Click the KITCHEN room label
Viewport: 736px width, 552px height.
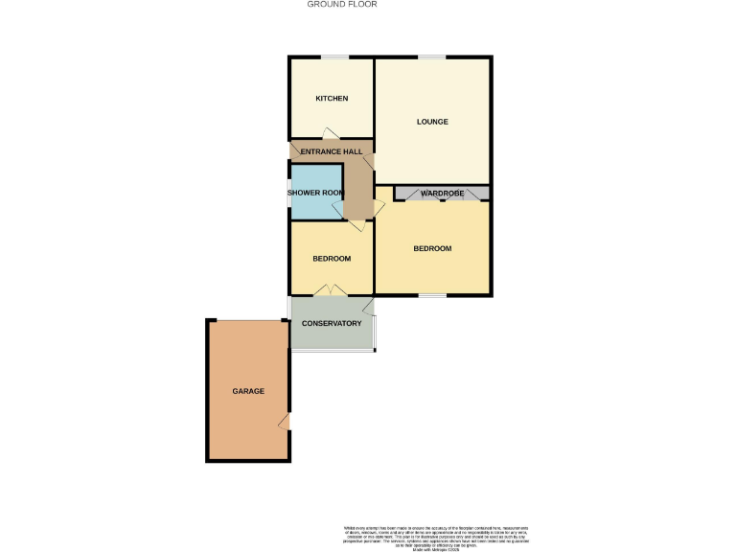click(332, 99)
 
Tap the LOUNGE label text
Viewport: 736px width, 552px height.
click(432, 122)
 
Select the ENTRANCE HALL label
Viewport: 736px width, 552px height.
click(331, 152)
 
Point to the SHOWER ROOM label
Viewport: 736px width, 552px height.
click(315, 193)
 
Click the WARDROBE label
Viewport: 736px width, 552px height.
click(442, 194)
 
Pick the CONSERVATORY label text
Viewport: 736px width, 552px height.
click(332, 323)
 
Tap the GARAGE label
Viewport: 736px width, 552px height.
click(247, 391)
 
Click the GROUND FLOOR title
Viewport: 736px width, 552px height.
click(342, 5)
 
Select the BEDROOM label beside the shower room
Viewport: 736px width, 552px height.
click(332, 259)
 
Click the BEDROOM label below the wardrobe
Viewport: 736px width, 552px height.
click(432, 248)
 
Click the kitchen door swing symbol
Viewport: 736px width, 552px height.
click(330, 134)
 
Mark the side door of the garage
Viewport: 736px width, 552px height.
click(285, 422)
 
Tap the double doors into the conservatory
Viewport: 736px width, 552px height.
click(333, 289)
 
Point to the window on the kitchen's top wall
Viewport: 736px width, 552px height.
click(333, 57)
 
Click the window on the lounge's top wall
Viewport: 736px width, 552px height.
click(432, 57)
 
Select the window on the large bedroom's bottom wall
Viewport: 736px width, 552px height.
click(432, 295)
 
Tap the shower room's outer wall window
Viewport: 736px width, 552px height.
click(289, 192)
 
